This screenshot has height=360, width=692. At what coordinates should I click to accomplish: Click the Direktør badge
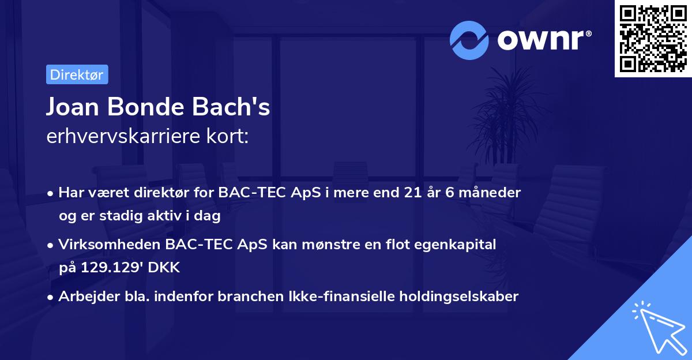click(x=77, y=74)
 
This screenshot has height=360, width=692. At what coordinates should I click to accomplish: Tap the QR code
click(x=653, y=39)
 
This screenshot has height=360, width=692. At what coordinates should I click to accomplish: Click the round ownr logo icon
click(x=469, y=40)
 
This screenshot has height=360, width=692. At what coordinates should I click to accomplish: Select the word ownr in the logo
click(x=544, y=40)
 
